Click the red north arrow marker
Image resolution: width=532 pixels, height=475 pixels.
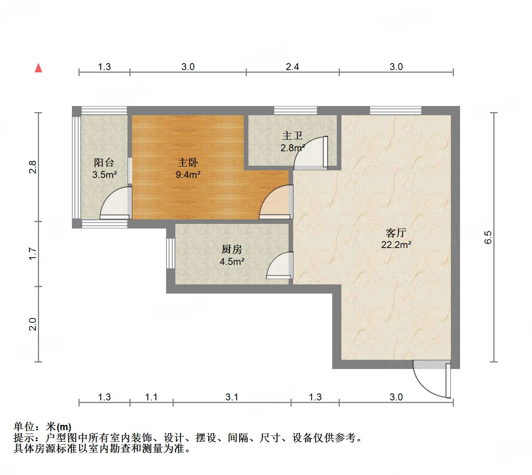pos(38,68)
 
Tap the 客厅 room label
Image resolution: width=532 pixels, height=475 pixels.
pos(396,232)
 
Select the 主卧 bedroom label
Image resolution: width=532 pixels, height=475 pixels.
pos(188,162)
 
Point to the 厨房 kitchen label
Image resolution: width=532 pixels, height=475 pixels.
pos(232,249)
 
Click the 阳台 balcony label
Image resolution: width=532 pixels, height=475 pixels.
pos(104,162)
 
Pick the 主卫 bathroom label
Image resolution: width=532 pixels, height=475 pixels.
pos(292,135)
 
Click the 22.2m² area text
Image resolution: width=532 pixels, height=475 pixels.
pos(396,245)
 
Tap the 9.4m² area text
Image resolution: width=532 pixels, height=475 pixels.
pos(188,175)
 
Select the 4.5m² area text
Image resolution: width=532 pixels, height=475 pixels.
pos(232,261)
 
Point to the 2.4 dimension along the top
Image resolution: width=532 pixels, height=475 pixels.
pos(292,67)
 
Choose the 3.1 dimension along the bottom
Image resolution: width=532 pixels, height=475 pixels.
pos(232,397)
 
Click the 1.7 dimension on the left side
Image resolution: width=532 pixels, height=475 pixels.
pos(33,253)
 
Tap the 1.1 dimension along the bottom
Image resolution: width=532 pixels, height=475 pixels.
pos(151,397)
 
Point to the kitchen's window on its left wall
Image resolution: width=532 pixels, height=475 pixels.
pos(171,253)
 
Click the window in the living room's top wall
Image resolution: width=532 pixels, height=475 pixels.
pos(395,111)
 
